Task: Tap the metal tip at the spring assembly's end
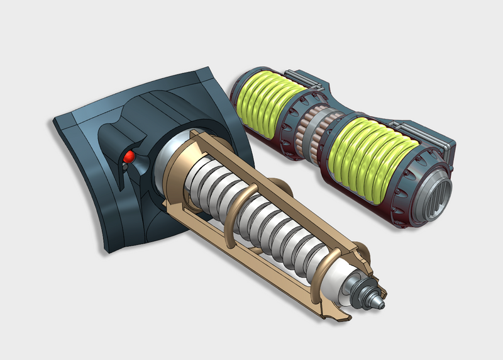click(380, 301)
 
